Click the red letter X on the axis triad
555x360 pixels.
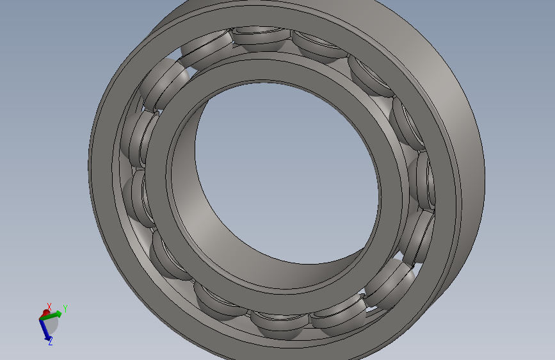point(49,306)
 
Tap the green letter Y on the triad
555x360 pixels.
point(65,309)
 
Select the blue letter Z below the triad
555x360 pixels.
point(51,341)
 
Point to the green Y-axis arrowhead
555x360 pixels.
point(58,314)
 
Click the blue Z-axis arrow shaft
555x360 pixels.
point(45,329)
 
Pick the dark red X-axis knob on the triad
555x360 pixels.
point(46,313)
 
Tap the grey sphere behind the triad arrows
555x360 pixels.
point(50,324)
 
